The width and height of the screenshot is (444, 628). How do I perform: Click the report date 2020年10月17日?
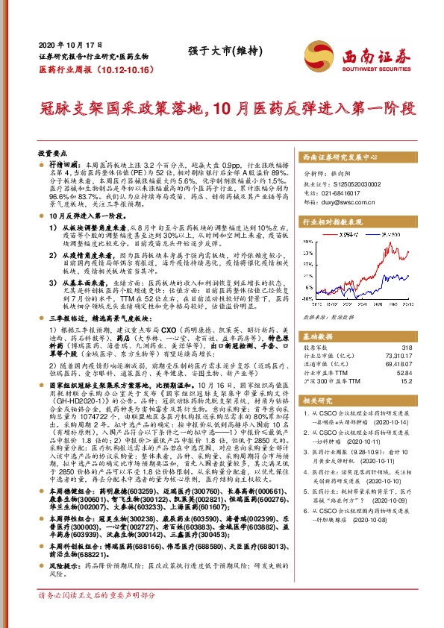click(x=67, y=44)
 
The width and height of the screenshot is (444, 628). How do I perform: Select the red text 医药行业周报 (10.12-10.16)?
click(x=86, y=68)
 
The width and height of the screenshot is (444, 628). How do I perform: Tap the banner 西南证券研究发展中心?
click(x=340, y=157)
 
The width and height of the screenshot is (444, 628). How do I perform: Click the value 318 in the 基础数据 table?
click(x=407, y=348)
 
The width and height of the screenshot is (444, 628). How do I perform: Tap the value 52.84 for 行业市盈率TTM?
click(x=404, y=374)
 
